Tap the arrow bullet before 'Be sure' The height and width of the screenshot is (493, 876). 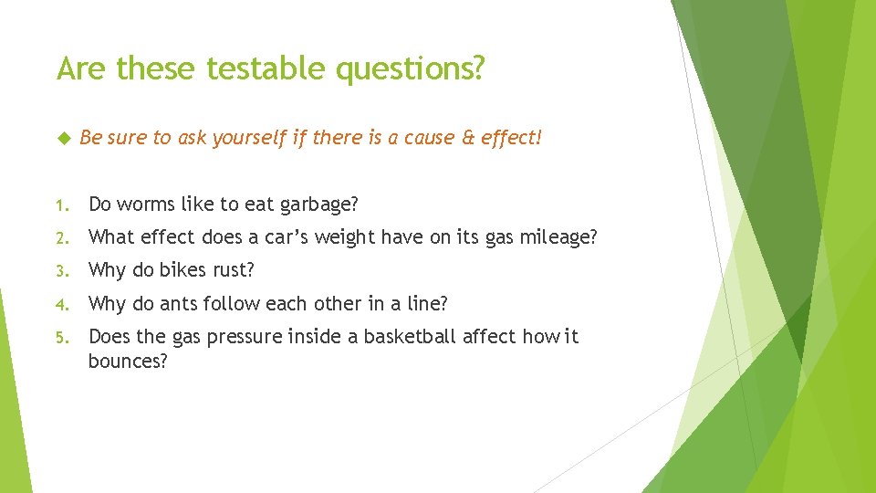(63, 138)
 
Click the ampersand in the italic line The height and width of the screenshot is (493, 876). (467, 138)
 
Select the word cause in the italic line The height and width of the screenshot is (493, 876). (424, 138)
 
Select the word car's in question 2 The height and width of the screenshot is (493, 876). (279, 237)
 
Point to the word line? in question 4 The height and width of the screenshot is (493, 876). (425, 303)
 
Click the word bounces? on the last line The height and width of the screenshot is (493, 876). (128, 362)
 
